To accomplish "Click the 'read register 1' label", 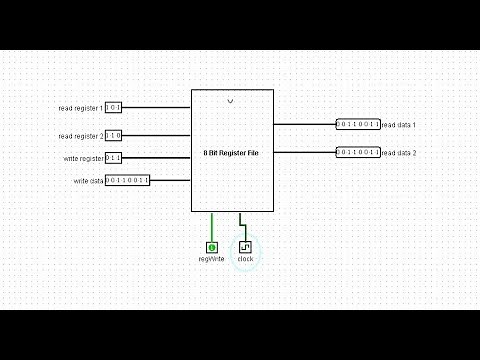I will pos(81,108).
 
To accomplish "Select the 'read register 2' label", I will pos(81,136).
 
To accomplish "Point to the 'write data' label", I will pos(88,181).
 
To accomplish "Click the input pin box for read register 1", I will pos(113,107).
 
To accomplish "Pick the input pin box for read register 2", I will pos(113,135).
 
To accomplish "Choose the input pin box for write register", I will pos(113,158).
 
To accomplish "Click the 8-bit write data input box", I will pos(127,181).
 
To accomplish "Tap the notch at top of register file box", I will pos(231,101).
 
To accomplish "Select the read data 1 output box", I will pos(358,125).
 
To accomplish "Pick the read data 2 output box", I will pos(358,152).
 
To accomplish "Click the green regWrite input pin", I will pos(211,246).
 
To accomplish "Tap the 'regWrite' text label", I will pos(211,259).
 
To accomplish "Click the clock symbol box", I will pos(245,246).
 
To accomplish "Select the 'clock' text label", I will pos(245,259).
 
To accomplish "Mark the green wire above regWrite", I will pos(211,226).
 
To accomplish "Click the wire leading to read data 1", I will pos(305,125).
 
